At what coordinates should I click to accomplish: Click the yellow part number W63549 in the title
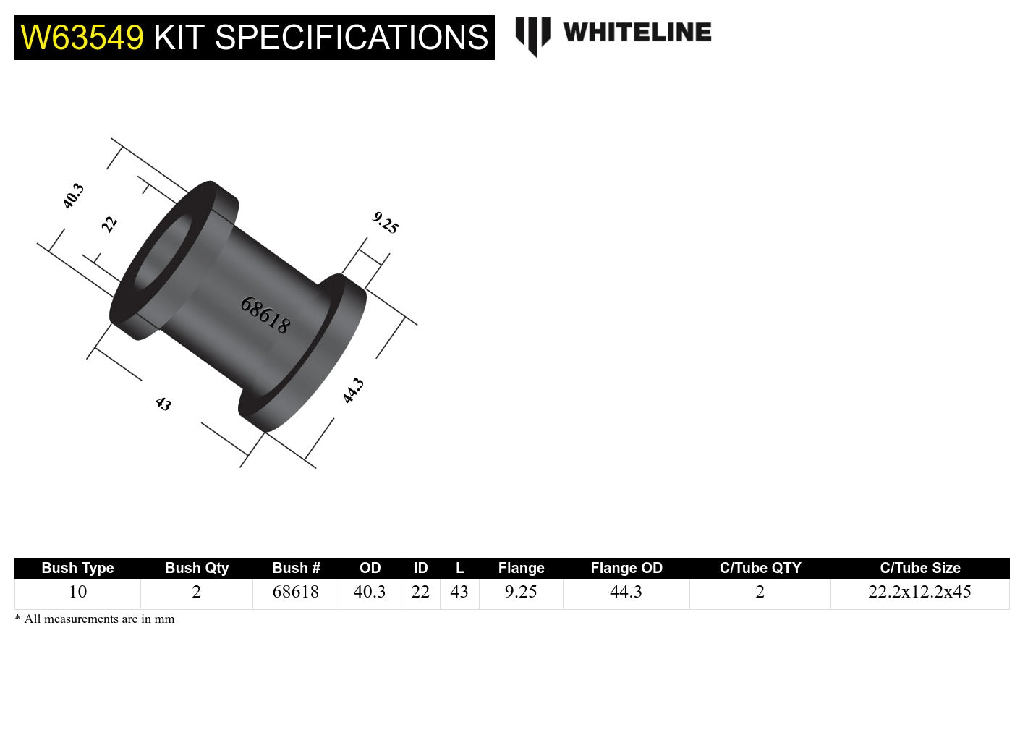(x=82, y=38)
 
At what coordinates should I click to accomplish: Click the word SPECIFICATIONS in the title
(x=352, y=38)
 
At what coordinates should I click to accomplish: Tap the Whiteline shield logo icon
(x=532, y=35)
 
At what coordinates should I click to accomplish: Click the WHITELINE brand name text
(x=637, y=32)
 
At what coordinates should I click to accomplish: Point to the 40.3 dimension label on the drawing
(x=73, y=196)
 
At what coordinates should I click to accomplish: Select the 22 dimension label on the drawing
(x=109, y=224)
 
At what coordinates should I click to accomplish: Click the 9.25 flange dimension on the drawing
(x=386, y=223)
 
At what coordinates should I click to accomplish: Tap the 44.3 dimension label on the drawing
(x=352, y=391)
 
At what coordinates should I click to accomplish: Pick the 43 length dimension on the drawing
(x=163, y=404)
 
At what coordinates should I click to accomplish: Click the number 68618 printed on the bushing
(x=265, y=315)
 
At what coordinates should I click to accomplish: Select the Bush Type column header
(x=77, y=568)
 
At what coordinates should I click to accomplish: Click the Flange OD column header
(x=626, y=568)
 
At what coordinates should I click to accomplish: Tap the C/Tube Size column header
(x=919, y=568)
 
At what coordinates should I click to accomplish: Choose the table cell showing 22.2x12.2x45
(x=919, y=592)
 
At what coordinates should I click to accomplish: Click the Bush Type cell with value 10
(x=77, y=592)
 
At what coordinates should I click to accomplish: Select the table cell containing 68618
(x=295, y=592)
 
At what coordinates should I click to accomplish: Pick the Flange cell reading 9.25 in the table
(x=521, y=592)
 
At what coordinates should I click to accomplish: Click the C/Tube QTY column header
(x=760, y=568)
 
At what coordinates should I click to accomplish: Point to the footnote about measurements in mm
(x=95, y=619)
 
